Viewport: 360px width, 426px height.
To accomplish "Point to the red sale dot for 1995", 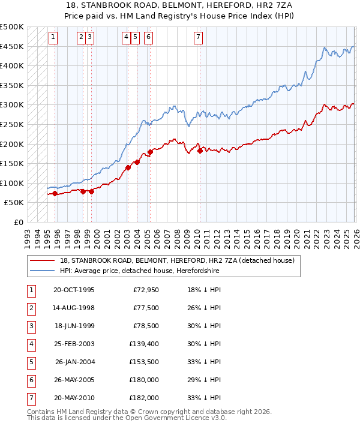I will point(55,193).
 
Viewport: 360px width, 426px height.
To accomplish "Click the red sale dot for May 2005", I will point(150,152).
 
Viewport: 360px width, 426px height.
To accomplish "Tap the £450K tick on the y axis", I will point(12,46).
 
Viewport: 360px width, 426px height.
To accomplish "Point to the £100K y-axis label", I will point(12,183).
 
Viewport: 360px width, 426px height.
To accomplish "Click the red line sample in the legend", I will point(43,261).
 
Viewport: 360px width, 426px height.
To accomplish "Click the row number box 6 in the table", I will point(31,379).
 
